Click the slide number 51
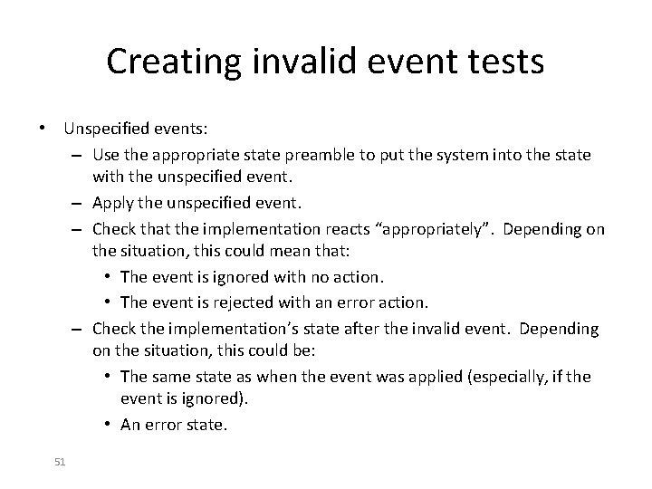60,462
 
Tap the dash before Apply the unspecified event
81,202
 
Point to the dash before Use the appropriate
81,156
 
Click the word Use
106,156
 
